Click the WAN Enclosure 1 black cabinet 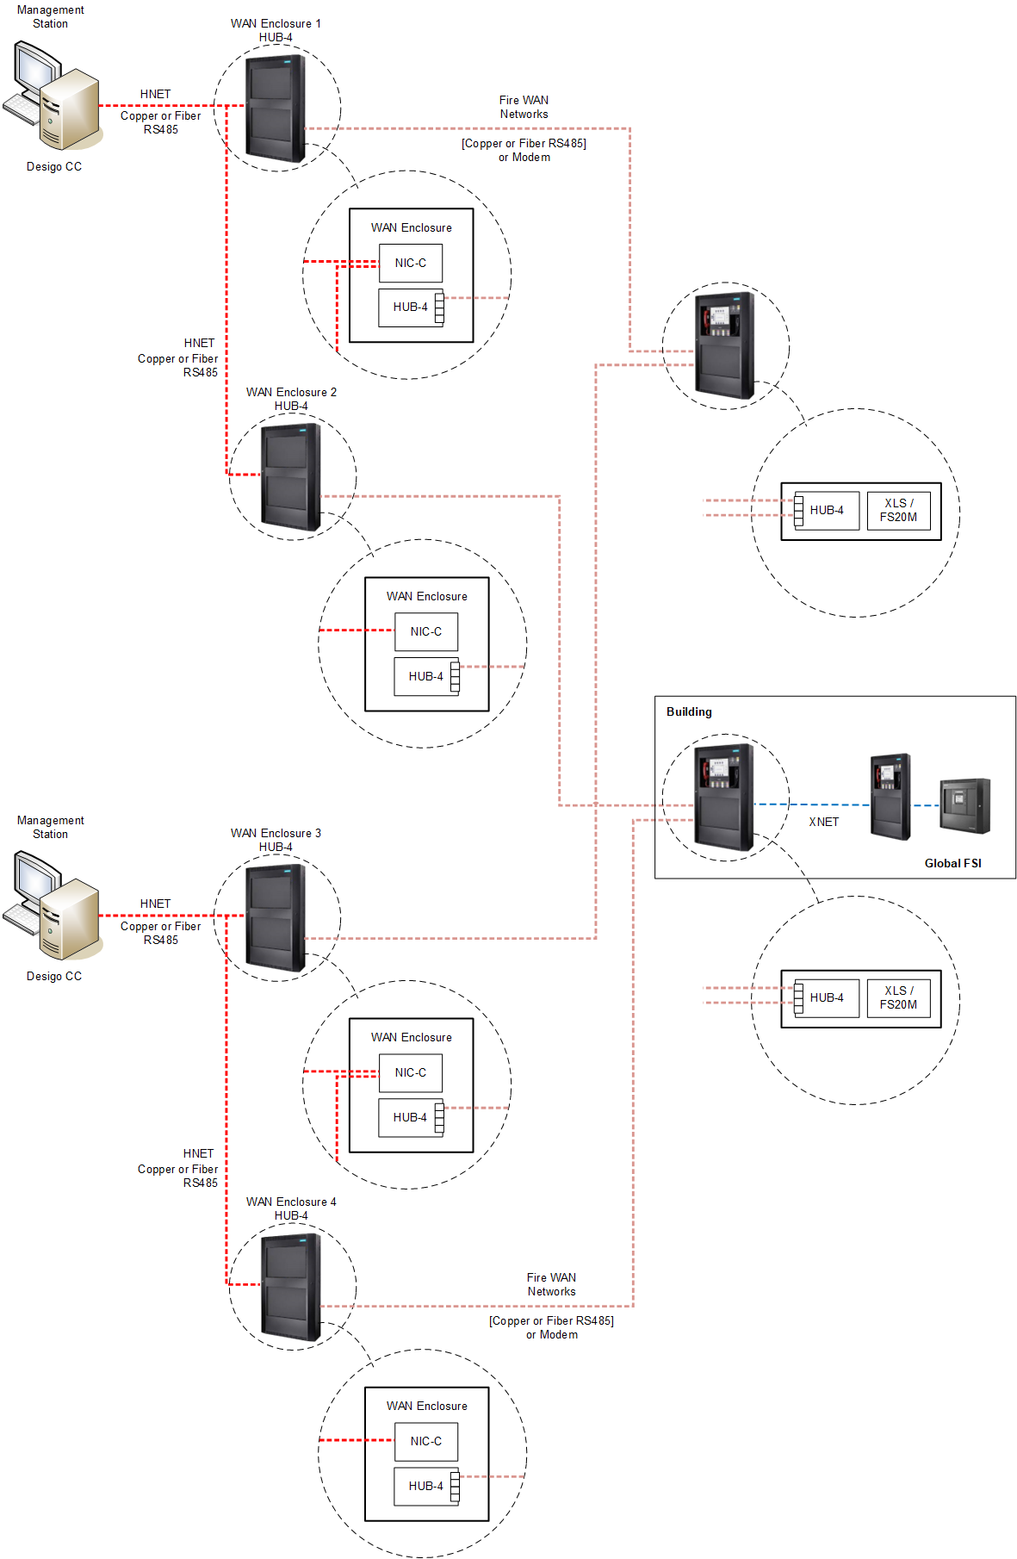pyautogui.click(x=276, y=108)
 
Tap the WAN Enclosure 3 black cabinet pyautogui.click(x=276, y=917)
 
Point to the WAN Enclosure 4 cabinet pyautogui.click(x=291, y=1286)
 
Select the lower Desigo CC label pyautogui.click(x=53, y=976)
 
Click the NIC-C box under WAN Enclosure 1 pyautogui.click(x=411, y=264)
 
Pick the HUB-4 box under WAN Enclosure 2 pyautogui.click(x=426, y=676)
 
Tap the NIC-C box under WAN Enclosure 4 pyautogui.click(x=426, y=1441)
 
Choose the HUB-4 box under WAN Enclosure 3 pyautogui.click(x=411, y=1117)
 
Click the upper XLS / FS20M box pyautogui.click(x=898, y=510)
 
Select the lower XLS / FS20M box pyautogui.click(x=898, y=997)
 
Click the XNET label pyautogui.click(x=823, y=822)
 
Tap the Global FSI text pyautogui.click(x=952, y=863)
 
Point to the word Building pyautogui.click(x=689, y=711)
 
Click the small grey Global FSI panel pyautogui.click(x=964, y=805)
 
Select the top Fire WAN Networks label pyautogui.click(x=524, y=107)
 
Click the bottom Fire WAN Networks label pyautogui.click(x=551, y=1284)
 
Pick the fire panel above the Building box pyautogui.click(x=725, y=345)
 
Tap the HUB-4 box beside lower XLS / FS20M pyautogui.click(x=827, y=997)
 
